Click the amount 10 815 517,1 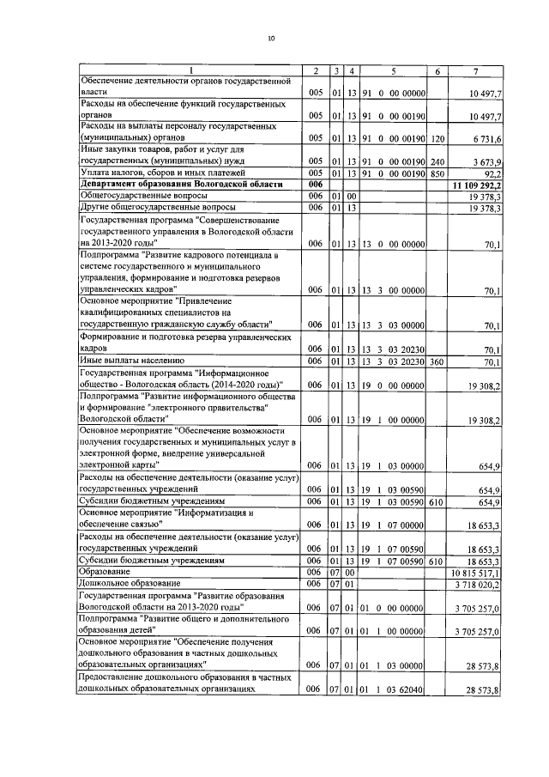[x=477, y=572]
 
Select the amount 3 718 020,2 [x=478, y=583]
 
